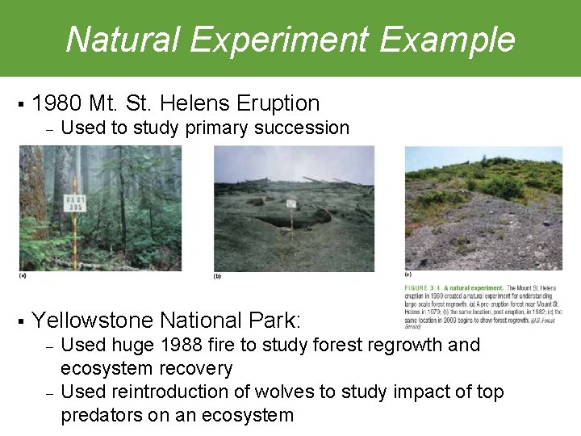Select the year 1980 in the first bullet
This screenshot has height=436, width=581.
tap(57, 103)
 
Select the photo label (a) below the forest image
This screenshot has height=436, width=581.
tap(23, 275)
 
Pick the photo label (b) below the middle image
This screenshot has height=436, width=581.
tap(217, 277)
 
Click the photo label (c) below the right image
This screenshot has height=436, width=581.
tap(408, 275)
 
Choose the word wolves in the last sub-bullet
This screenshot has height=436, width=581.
tap(282, 392)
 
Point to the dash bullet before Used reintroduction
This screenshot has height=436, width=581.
tap(48, 393)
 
